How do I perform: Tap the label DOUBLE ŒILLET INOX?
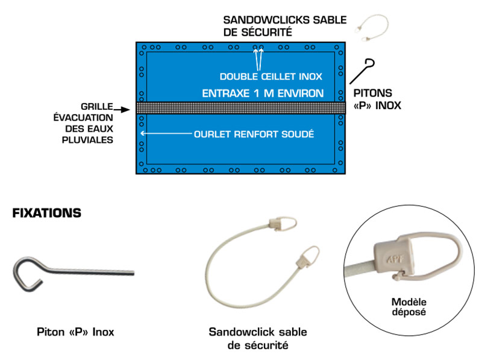pyautogui.click(x=271, y=77)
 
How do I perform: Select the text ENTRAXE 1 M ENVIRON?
pyautogui.click(x=263, y=93)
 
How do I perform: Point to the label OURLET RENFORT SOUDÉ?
pyautogui.click(x=254, y=134)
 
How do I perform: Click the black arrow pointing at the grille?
pyautogui.click(x=124, y=110)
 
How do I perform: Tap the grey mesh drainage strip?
pyautogui.click(x=241, y=108)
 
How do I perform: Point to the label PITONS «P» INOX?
pyautogui.click(x=377, y=99)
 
